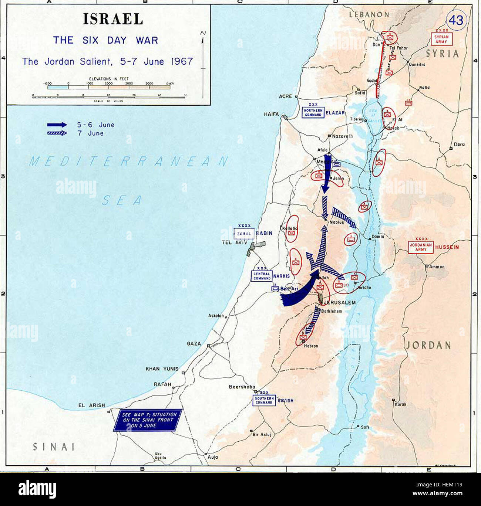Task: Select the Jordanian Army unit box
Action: (421, 247)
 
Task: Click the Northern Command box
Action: (313, 112)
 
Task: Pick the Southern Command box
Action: (264, 400)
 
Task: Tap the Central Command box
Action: (262, 276)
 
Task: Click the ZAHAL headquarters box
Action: (244, 234)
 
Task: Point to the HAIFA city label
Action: (271, 114)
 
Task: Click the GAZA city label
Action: (194, 344)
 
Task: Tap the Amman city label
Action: (437, 266)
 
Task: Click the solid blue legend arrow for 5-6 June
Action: (57, 125)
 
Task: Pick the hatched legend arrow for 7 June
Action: (57, 133)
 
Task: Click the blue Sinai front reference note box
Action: (149, 420)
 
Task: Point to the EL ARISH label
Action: (91, 405)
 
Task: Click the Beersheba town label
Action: (242, 387)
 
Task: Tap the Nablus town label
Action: (336, 223)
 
